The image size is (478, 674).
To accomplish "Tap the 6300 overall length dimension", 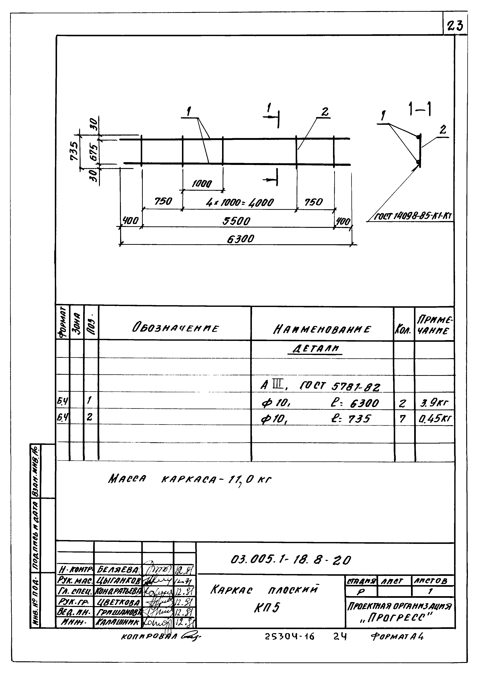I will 240,239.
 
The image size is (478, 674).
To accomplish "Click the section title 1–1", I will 420,110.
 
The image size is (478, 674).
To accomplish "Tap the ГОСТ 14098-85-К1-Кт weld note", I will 413,217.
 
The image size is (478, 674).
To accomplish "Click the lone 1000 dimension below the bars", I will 202,184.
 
